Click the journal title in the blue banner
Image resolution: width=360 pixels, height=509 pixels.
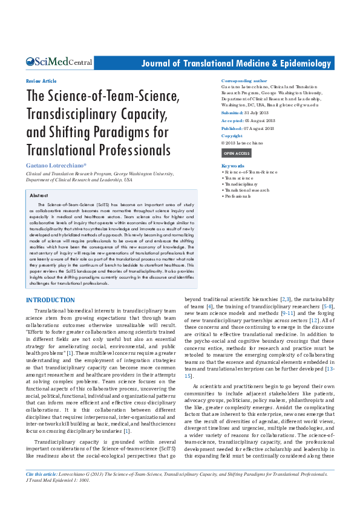237,63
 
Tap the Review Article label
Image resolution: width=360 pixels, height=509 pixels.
41,81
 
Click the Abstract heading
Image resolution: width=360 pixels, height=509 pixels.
39,196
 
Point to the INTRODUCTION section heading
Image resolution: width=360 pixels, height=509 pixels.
50,300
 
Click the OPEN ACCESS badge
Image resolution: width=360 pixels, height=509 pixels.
237,154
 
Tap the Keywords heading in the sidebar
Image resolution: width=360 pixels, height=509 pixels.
233,166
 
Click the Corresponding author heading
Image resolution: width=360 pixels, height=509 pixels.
244,80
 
